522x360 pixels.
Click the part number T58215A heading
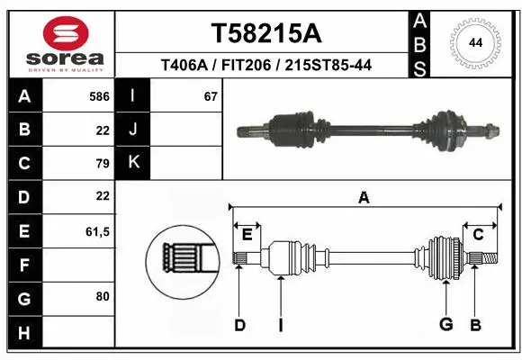[x=265, y=33]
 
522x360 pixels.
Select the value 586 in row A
[x=100, y=96]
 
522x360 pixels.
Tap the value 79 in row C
[x=102, y=163]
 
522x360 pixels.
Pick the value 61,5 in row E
[x=97, y=231]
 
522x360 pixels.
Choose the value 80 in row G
[x=102, y=296]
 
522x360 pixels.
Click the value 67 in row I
[x=211, y=96]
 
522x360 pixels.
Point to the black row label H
[x=23, y=333]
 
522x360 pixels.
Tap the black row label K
[x=133, y=163]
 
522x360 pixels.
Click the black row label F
[x=23, y=265]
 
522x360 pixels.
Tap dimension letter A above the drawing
[x=363, y=199]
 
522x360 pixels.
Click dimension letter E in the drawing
[x=247, y=235]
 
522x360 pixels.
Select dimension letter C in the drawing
[x=478, y=235]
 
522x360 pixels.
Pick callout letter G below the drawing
[x=445, y=325]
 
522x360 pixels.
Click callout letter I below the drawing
[x=281, y=325]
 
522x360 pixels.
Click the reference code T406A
[x=184, y=65]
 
